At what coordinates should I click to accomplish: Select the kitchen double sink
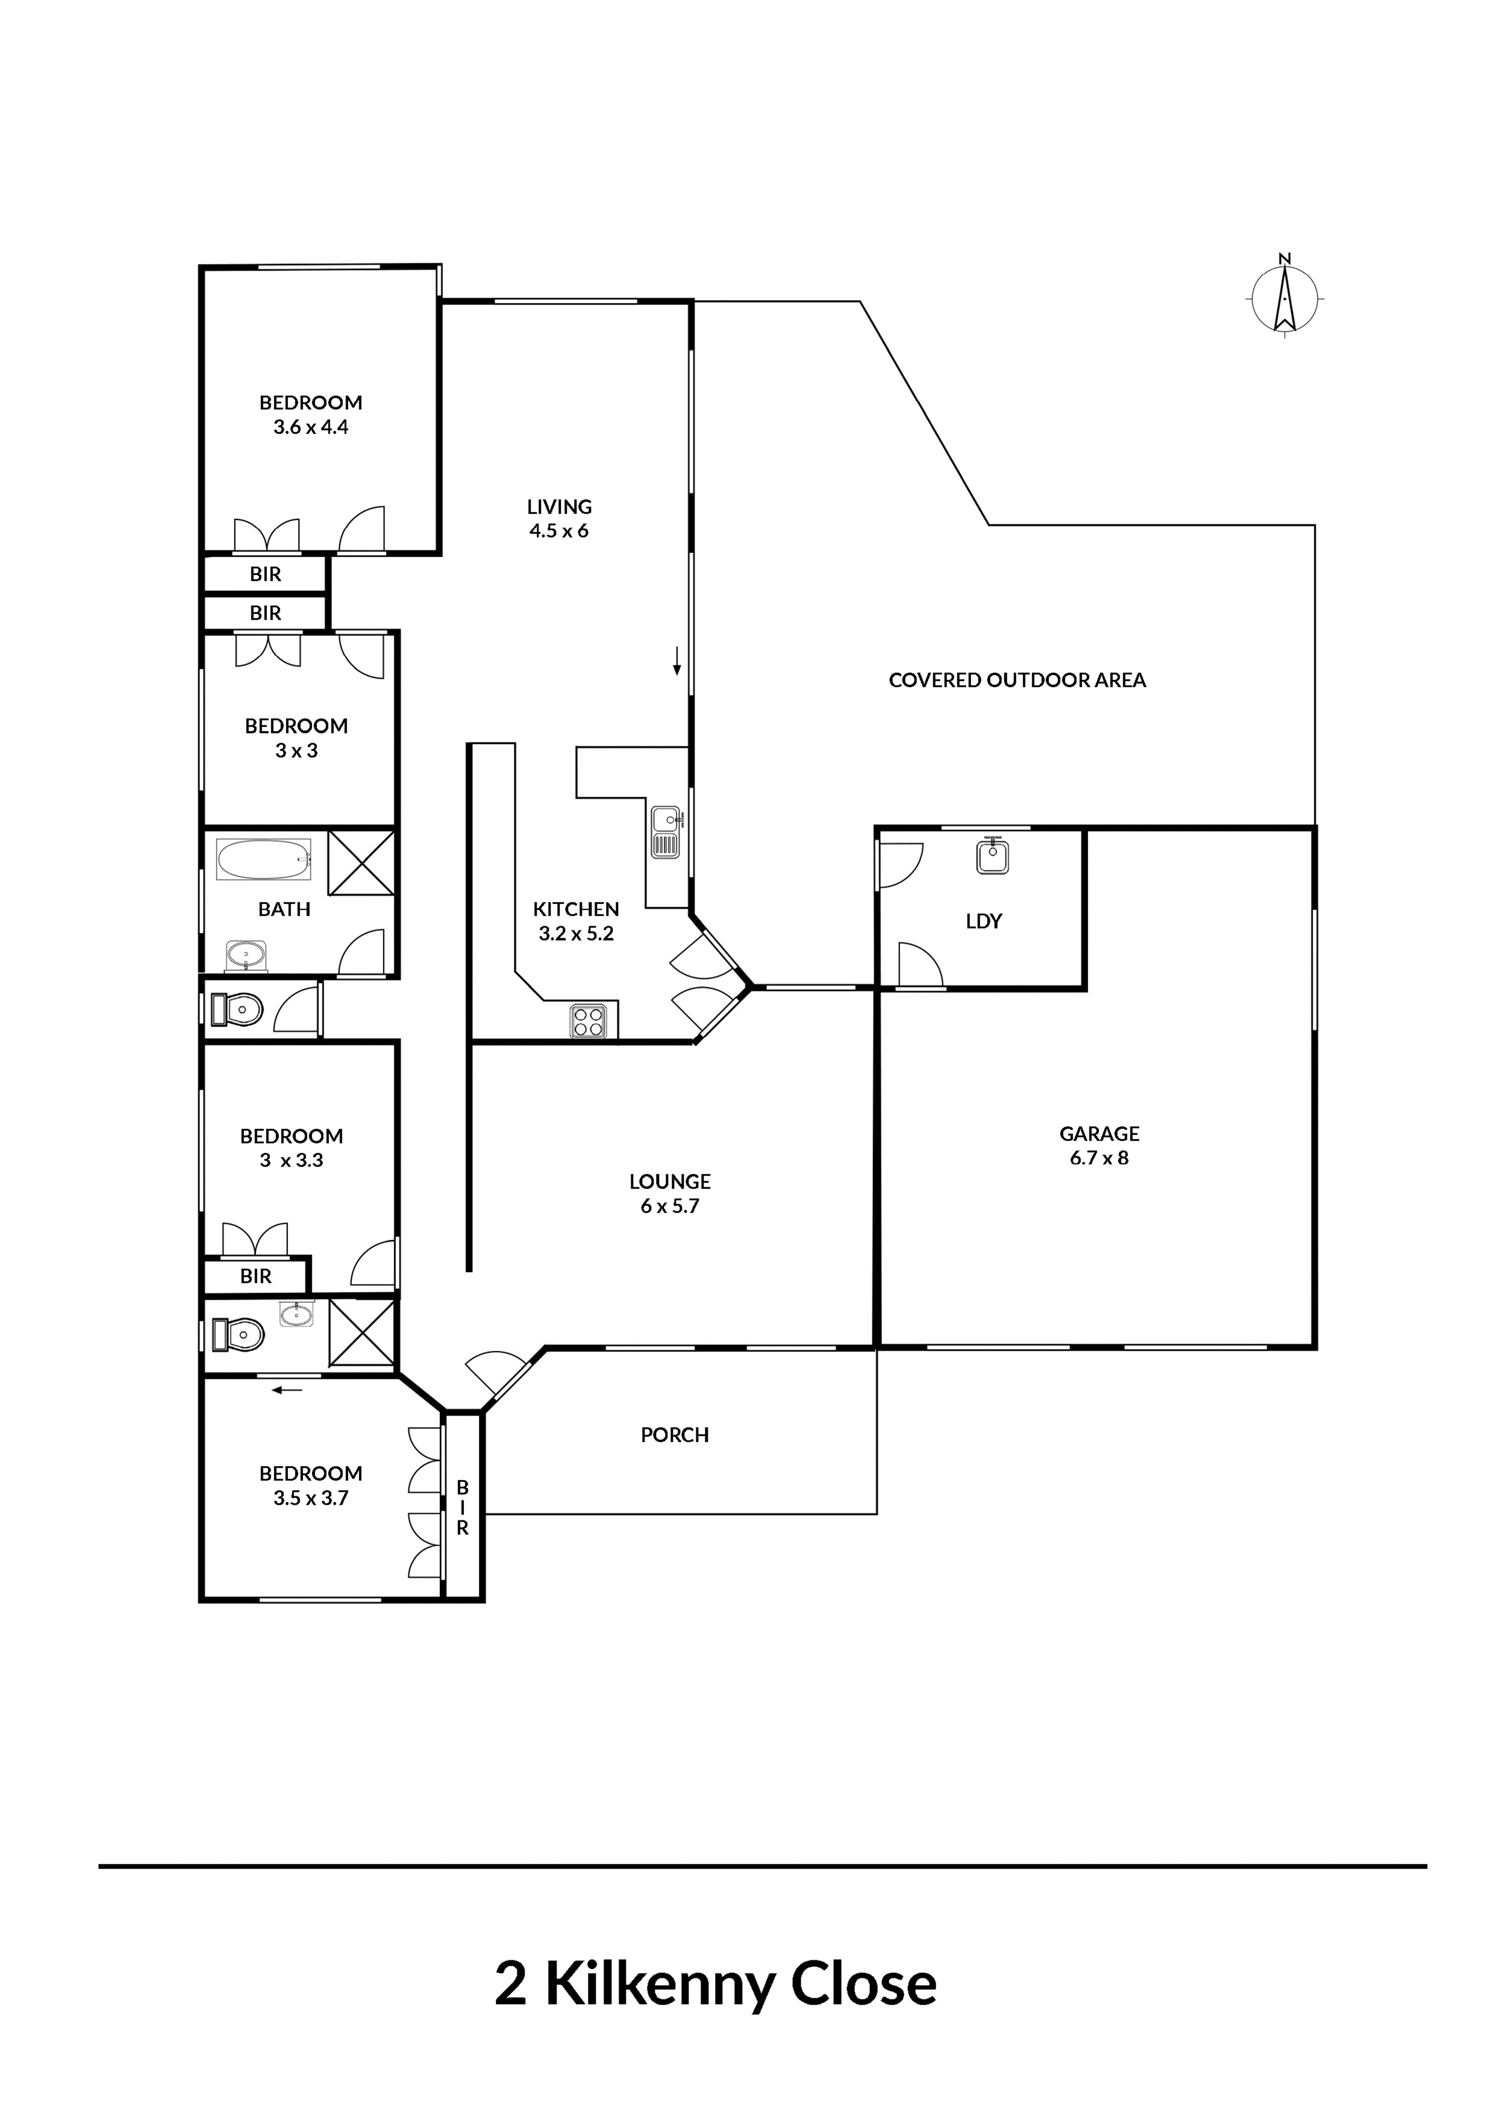[x=666, y=832]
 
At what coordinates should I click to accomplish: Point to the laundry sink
[x=992, y=855]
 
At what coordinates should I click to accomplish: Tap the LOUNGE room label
[x=670, y=1181]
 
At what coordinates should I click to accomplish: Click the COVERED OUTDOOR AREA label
[x=1017, y=680]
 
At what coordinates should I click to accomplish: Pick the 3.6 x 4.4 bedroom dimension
[x=311, y=427]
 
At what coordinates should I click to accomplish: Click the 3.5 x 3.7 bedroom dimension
[x=311, y=1498]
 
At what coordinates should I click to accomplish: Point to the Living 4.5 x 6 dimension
[x=559, y=530]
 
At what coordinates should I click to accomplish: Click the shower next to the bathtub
[x=362, y=863]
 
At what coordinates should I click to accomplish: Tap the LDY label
[x=983, y=921]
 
